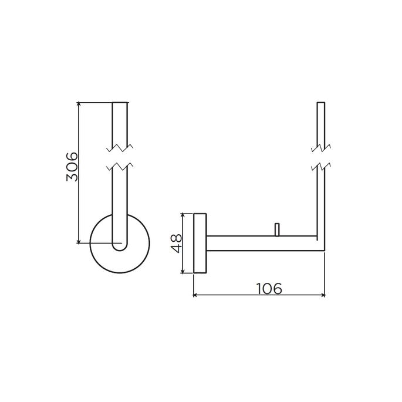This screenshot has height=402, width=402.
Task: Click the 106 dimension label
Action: tap(269, 288)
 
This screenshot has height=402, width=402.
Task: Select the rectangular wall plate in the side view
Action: tap(200, 244)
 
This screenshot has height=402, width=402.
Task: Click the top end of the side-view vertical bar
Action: tap(320, 104)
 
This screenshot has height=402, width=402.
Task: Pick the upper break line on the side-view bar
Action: tap(320, 147)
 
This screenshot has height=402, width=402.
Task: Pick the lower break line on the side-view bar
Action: tap(320, 165)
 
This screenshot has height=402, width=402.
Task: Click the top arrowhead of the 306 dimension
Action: tap(79, 105)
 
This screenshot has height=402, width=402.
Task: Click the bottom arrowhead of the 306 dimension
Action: tap(79, 241)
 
